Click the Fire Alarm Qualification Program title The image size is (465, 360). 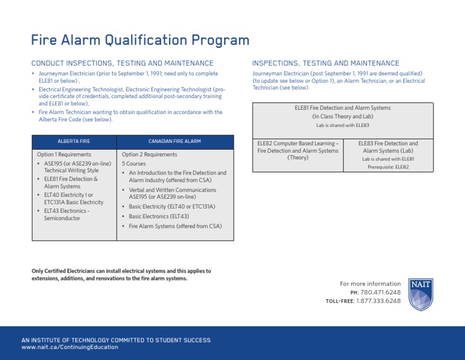pos(140,41)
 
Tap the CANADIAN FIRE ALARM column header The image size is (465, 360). pos(174,141)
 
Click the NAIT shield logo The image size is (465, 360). pos(420,295)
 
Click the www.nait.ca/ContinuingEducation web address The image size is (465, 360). pos(70,347)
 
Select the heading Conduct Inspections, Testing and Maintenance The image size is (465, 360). pos(122,64)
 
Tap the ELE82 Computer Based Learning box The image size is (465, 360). pos(298,150)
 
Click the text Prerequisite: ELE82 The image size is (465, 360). pos(388,167)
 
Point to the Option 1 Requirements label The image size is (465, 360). pos(64,155)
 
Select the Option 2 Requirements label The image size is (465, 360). pos(150,155)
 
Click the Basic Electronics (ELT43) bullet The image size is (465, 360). pos(159,216)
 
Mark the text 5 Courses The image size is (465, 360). pos(134,164)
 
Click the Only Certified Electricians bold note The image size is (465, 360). pos(121,275)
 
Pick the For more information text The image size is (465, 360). pos(370,284)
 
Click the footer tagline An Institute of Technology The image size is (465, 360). pos(116,339)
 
